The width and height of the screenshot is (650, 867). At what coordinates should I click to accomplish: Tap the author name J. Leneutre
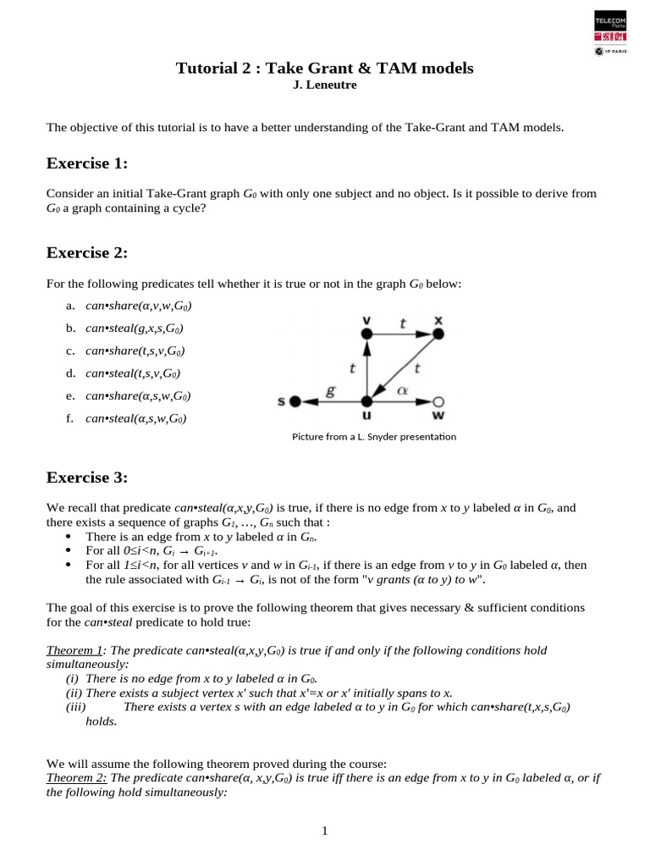tap(324, 85)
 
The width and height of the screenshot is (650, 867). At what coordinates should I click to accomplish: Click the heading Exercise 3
tap(86, 478)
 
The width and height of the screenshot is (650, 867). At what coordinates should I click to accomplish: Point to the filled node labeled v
tap(366, 334)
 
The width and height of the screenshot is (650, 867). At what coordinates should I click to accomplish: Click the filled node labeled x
tap(438, 334)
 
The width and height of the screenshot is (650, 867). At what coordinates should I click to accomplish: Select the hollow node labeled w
tap(438, 401)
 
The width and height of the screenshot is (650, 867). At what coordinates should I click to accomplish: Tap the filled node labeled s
tap(295, 401)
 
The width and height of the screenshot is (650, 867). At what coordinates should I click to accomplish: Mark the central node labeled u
tap(366, 401)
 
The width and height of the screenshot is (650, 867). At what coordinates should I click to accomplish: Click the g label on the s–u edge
tap(331, 390)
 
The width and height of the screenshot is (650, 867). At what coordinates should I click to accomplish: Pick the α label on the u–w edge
tap(403, 389)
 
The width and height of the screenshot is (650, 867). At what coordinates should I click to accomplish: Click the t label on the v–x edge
tap(402, 323)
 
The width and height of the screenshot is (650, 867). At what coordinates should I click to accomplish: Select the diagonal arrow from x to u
tap(403, 367)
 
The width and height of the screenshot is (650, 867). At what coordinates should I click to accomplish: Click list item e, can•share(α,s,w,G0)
tap(137, 395)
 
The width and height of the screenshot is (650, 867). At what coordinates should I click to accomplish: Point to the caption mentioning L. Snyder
tap(373, 437)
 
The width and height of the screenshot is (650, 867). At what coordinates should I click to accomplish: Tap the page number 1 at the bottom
tap(324, 831)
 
